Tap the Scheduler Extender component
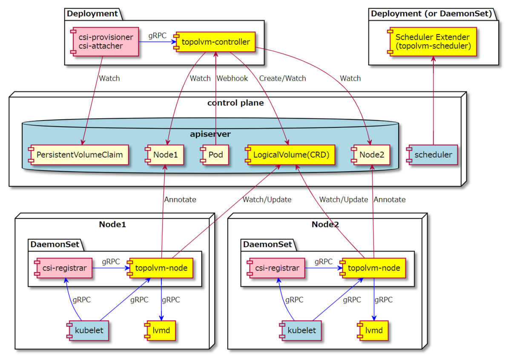point(432,42)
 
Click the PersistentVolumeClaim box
point(78,155)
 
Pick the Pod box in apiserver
point(214,155)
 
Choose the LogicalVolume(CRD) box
point(290,155)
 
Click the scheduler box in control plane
point(432,155)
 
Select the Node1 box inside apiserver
point(164,155)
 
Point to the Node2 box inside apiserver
point(370,155)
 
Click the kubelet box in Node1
point(88,330)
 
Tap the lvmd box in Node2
point(373,330)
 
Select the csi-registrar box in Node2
point(276,268)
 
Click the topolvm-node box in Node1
point(160,268)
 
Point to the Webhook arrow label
point(232,78)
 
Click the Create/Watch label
point(282,78)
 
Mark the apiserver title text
point(210,134)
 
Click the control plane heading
point(235,103)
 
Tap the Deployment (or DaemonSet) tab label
point(431,14)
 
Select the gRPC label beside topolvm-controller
point(158,36)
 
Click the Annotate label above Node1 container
point(180,199)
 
